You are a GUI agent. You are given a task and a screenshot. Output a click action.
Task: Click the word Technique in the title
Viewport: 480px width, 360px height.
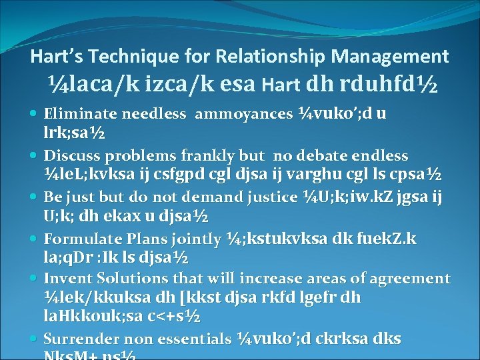127,57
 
